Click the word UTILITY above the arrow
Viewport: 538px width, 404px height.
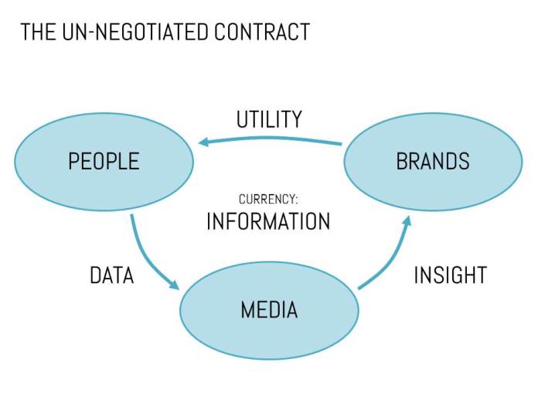pyautogui.click(x=269, y=120)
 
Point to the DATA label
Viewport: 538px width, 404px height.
pyautogui.click(x=111, y=275)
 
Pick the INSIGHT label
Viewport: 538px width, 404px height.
pyautogui.click(x=450, y=275)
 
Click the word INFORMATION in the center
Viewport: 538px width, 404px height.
pyautogui.click(x=268, y=221)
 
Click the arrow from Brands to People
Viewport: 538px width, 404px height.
pyautogui.click(x=271, y=140)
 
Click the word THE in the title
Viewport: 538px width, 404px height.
pyautogui.click(x=34, y=32)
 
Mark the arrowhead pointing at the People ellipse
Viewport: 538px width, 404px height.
pyautogui.click(x=204, y=142)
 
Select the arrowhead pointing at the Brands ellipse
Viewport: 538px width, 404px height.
pyautogui.click(x=405, y=222)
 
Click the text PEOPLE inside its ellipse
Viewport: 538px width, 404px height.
pyautogui.click(x=104, y=161)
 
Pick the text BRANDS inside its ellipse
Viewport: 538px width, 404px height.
pyautogui.click(x=433, y=161)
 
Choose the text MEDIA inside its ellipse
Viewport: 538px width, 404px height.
pyautogui.click(x=269, y=310)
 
